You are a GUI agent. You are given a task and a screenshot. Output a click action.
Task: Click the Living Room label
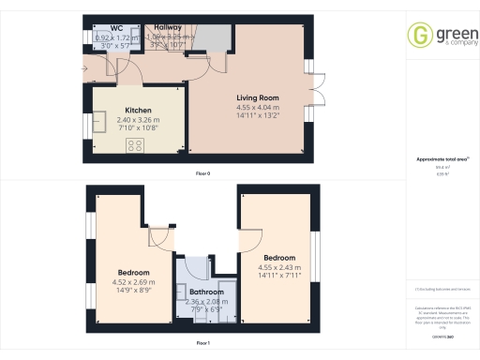point(258,97)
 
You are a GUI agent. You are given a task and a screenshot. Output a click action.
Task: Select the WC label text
point(117,28)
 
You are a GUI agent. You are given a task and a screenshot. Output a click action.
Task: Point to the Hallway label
point(169,28)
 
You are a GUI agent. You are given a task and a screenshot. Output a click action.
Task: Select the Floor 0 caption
point(202,174)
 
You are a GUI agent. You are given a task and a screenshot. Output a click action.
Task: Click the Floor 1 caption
point(202,344)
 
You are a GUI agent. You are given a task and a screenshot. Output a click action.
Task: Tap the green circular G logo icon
point(419,35)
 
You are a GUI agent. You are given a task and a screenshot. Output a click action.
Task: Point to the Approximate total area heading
point(438,159)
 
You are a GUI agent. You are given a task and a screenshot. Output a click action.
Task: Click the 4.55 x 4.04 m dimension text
point(258,109)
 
